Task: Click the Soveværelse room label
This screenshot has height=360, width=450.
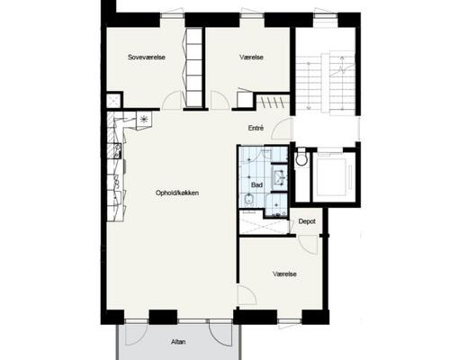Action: coord(147,57)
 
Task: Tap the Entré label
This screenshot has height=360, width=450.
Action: coord(256,128)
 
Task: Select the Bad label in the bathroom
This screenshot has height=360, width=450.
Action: coord(256,185)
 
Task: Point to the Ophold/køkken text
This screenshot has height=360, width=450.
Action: coord(177,193)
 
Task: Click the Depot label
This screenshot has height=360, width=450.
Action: coord(307,221)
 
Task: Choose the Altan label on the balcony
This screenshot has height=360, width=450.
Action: coord(178,342)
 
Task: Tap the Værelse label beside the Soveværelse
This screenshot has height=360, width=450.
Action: coord(251,57)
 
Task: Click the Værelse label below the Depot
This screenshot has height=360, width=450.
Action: coord(284,274)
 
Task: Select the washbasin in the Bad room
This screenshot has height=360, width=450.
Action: coord(279,177)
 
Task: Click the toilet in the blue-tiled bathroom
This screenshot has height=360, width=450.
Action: coord(247,199)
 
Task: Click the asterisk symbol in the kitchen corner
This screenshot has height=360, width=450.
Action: coord(144,120)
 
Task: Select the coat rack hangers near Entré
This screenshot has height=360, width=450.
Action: coord(273,102)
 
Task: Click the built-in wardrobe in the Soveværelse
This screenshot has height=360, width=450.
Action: coord(194,67)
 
